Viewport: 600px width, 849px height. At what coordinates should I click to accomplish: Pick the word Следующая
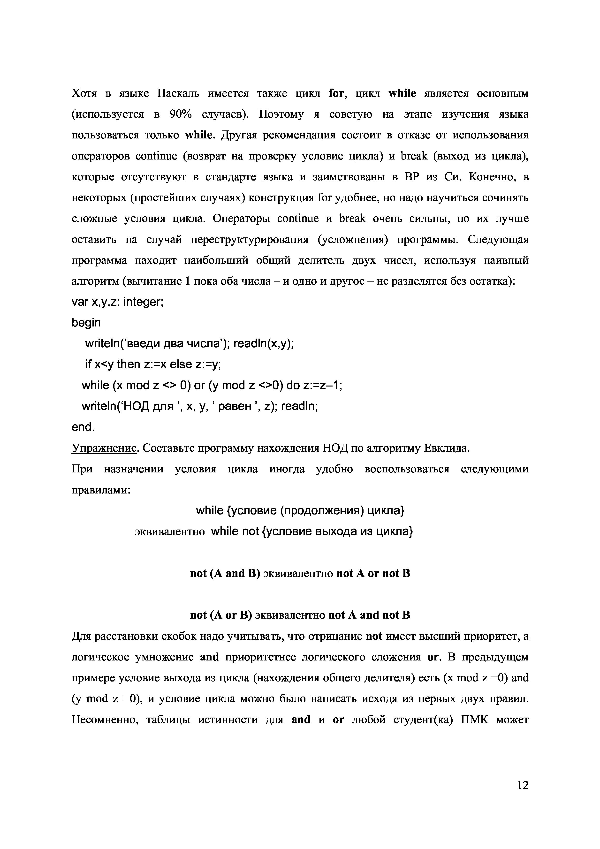coord(498,240)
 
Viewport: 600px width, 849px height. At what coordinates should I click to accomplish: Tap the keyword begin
coord(86,323)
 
